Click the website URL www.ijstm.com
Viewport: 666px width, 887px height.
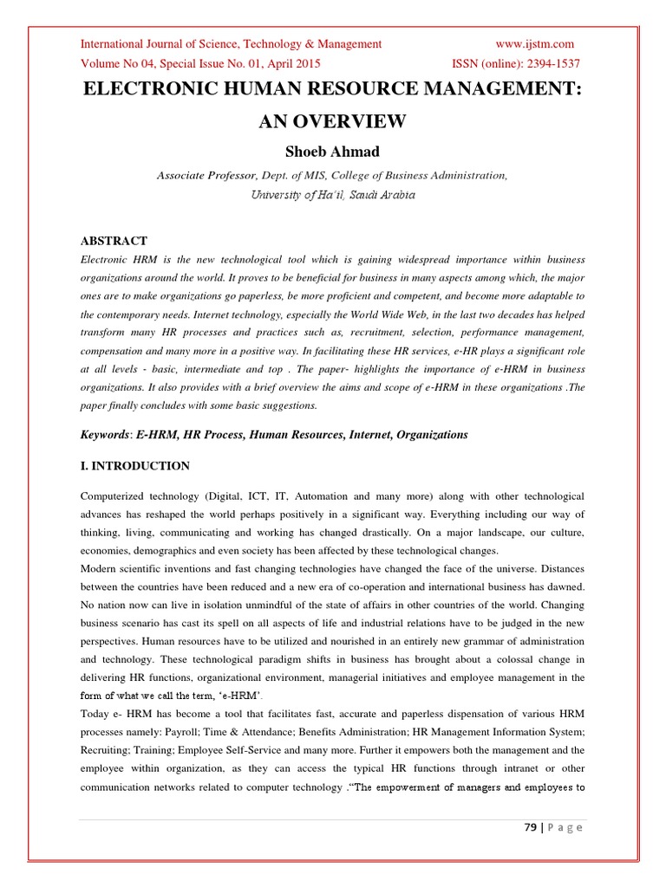(x=534, y=44)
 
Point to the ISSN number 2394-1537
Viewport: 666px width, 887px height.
(x=548, y=63)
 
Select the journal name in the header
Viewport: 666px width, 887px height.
(x=231, y=44)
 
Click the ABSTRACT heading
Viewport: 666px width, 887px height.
(x=114, y=241)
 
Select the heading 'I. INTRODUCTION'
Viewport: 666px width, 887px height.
(x=134, y=466)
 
